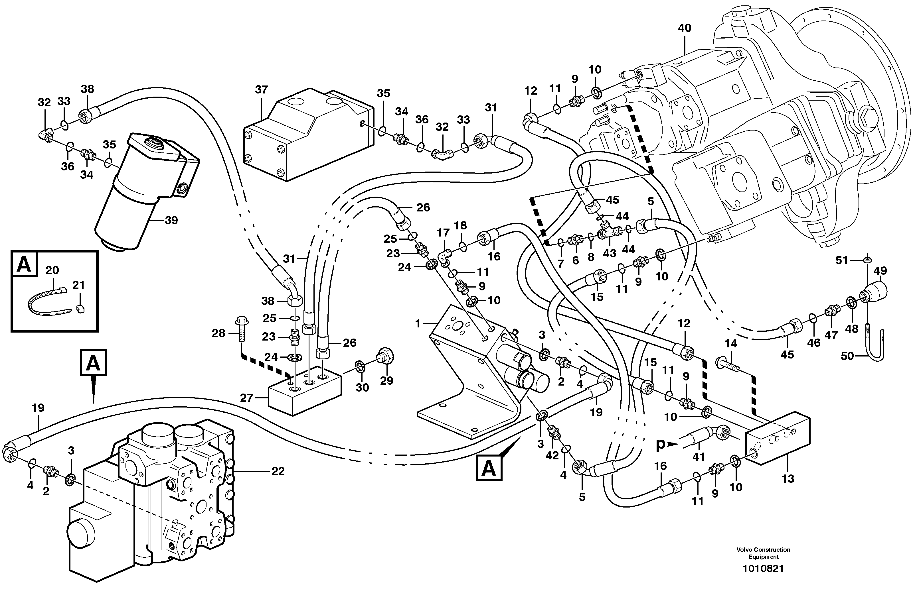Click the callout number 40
pos(685,28)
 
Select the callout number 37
pos(261,90)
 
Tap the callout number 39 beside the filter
pos(171,220)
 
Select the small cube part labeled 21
pos(80,309)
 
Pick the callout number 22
pos(278,471)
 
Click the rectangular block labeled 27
pos(304,393)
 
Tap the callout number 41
pos(699,457)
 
